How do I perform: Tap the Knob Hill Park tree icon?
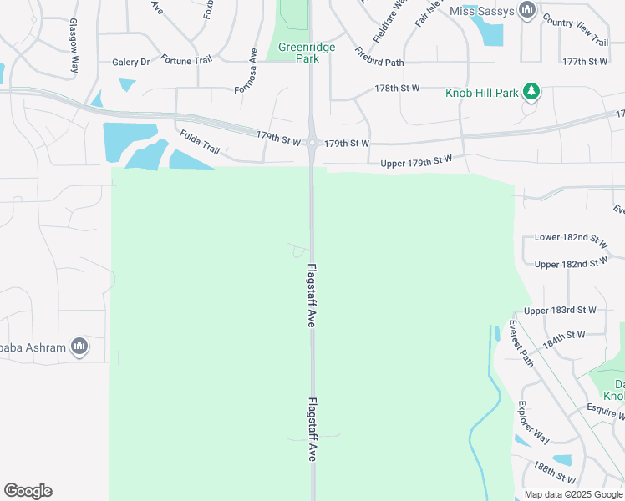531,91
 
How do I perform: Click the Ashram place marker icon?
79,346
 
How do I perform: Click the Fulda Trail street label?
199,141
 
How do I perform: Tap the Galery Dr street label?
130,62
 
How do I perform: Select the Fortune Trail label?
187,61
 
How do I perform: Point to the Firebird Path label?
379,57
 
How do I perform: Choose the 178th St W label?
397,88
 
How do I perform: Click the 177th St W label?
585,62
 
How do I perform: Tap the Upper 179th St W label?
416,160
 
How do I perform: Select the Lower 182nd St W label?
571,239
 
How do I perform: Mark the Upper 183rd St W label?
566,310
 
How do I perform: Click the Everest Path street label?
521,343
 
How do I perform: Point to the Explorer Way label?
533,423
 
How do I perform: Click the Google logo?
28,491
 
